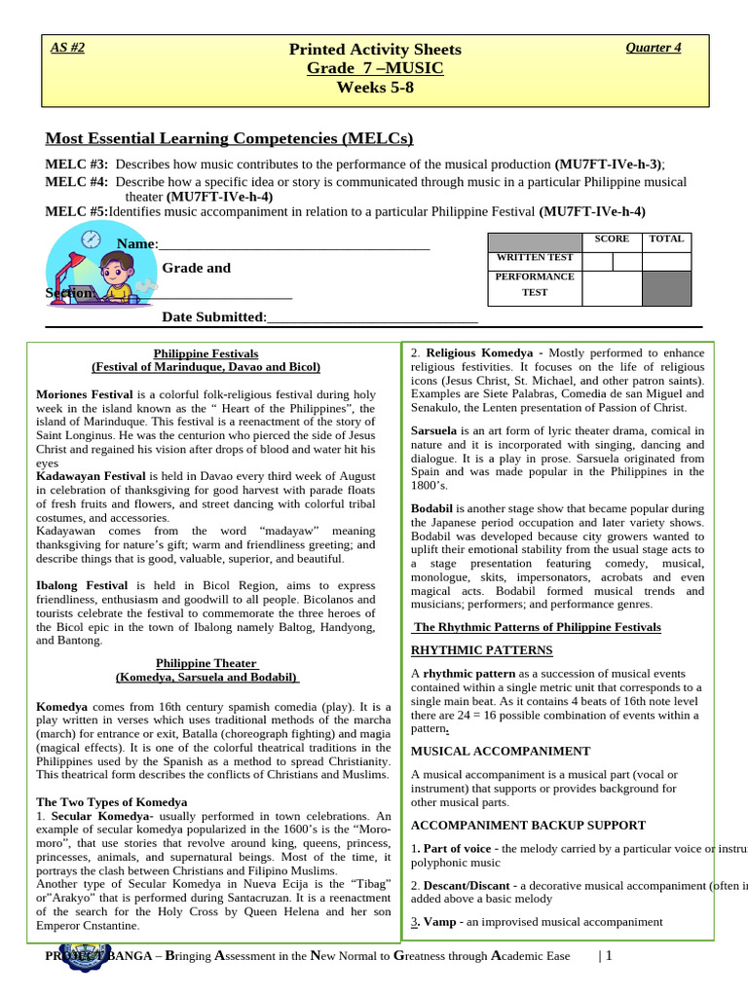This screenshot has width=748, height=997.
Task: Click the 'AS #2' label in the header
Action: point(67,48)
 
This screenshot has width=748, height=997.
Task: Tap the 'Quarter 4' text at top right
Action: point(653,48)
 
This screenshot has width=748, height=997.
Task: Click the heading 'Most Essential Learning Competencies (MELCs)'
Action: point(230,137)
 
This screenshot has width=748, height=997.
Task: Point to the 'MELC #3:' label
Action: point(77,165)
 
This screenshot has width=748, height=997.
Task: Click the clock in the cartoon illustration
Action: point(91,239)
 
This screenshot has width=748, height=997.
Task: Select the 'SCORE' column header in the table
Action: point(612,239)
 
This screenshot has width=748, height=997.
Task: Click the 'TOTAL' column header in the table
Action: point(666,239)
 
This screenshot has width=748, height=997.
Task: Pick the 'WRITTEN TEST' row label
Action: point(535,258)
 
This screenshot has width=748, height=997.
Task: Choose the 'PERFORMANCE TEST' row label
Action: point(535,283)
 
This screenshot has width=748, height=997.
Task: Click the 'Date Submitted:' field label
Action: point(213,316)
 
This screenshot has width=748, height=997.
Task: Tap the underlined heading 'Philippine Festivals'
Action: point(206,353)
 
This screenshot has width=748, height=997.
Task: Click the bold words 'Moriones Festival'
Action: point(84,394)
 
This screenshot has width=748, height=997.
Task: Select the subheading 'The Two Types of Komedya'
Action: point(111,801)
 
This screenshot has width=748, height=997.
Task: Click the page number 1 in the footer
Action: point(608,956)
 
